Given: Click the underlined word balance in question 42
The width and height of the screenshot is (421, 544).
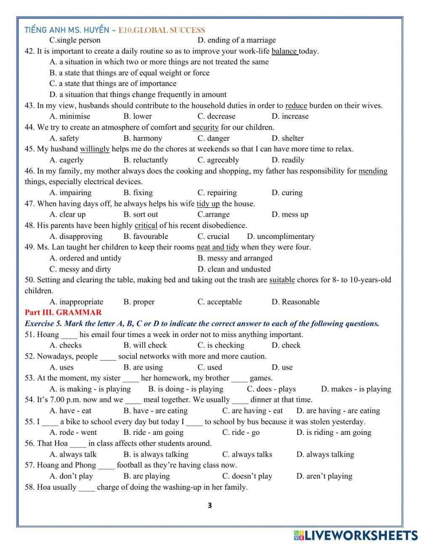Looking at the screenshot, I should [x=285, y=51].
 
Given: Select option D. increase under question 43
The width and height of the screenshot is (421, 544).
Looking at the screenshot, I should [x=290, y=116].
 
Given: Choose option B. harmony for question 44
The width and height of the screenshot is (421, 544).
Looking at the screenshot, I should [x=143, y=138].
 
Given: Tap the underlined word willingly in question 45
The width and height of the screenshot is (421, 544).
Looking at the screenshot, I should [x=95, y=149].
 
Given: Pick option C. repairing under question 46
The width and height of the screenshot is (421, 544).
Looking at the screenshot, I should [x=217, y=193].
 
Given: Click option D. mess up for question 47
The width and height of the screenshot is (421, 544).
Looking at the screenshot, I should [x=290, y=214].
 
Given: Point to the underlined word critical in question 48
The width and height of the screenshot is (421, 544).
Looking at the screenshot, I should [x=146, y=225].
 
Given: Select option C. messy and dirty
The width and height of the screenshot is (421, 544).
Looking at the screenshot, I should [x=80, y=269].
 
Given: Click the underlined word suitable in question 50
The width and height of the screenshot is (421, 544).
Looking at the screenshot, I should [x=282, y=280].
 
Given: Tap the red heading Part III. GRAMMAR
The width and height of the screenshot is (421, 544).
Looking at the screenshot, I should [x=63, y=313].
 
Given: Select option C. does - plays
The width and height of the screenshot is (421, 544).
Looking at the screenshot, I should [x=271, y=389].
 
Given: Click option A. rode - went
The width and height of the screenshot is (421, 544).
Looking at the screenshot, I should [x=73, y=432].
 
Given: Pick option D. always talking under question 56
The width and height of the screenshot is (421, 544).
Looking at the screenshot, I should [x=325, y=454].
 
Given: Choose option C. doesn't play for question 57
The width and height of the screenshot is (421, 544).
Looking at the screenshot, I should [x=247, y=476].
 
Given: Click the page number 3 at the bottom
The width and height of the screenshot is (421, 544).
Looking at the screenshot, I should [x=210, y=506].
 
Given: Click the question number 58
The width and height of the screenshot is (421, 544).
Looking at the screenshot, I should [x=29, y=487].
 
